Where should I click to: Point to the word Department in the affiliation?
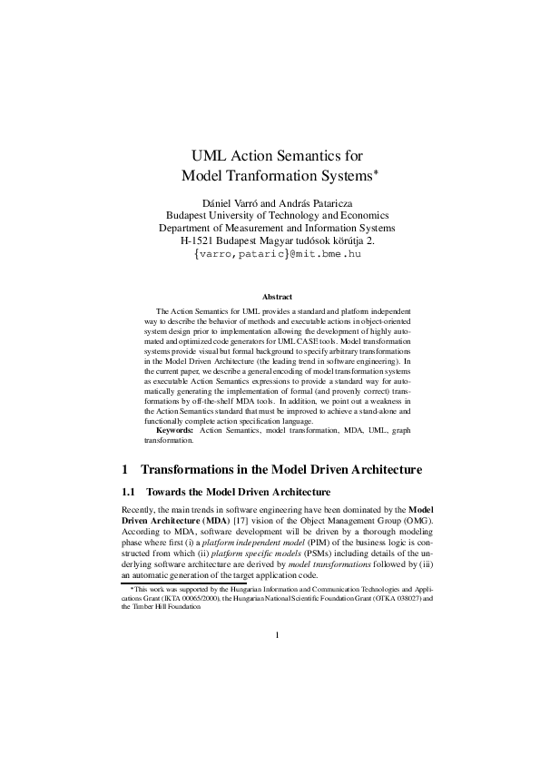click(192, 228)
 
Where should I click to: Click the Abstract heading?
click(277, 297)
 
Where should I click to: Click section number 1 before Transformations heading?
click(124, 470)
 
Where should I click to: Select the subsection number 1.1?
click(129, 492)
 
